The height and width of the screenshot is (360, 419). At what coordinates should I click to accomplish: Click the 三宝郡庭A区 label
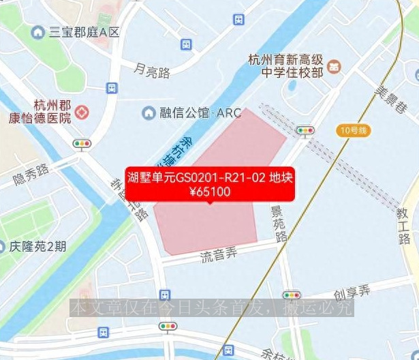[x=83, y=33]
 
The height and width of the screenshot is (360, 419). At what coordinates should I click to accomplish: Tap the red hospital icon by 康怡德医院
[x=82, y=111]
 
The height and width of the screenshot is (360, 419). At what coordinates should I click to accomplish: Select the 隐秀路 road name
[x=31, y=175]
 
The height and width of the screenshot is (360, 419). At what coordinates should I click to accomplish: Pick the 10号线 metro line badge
[x=354, y=130]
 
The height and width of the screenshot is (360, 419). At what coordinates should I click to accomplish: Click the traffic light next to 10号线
[x=305, y=130]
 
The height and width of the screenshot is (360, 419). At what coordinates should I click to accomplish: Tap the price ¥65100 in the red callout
[x=209, y=192]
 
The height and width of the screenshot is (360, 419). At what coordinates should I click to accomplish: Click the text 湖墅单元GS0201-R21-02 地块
[x=209, y=179]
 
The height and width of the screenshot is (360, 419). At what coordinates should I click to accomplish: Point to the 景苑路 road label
[x=279, y=224]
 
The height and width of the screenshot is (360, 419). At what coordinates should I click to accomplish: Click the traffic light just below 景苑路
[x=292, y=295]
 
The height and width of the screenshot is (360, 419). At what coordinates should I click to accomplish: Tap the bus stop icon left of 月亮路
[x=112, y=88]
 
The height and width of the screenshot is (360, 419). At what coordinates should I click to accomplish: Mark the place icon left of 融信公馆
[x=147, y=112]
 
